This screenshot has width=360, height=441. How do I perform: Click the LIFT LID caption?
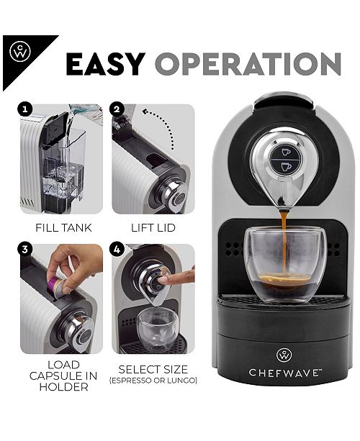(x=153, y=228)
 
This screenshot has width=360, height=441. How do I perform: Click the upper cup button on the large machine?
(x=285, y=152)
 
